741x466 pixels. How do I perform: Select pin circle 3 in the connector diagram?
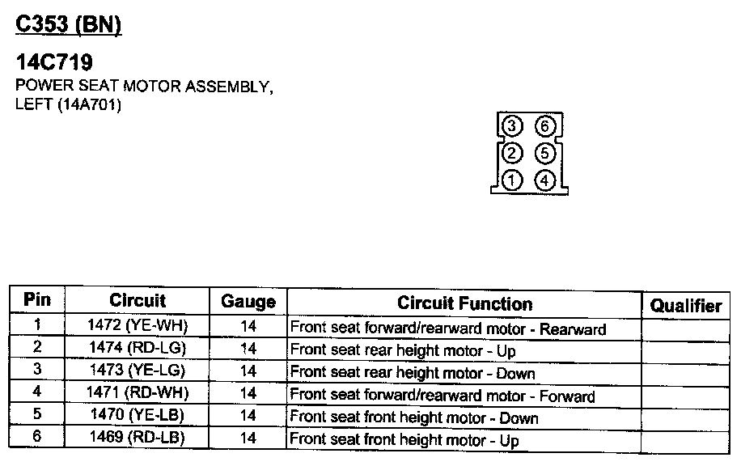point(512,126)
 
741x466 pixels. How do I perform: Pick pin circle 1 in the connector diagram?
point(512,180)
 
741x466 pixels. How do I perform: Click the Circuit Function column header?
point(464,303)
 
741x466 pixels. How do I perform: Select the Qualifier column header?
point(686,305)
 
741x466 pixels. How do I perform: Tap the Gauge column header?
point(248,303)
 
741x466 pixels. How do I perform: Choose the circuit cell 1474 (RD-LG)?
point(138,349)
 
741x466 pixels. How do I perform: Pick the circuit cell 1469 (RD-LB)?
point(138,438)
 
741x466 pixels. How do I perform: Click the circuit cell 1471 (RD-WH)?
point(138,393)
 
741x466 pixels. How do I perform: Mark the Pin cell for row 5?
point(37,416)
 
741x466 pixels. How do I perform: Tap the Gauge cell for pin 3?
point(248,371)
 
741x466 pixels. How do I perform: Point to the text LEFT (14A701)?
point(68,104)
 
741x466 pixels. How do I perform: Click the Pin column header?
point(37,299)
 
